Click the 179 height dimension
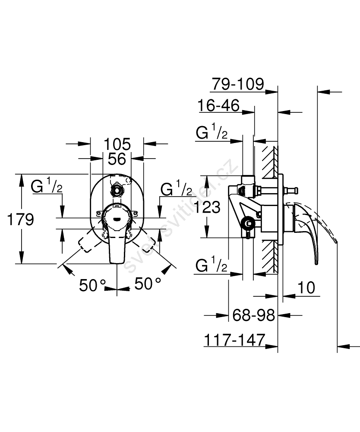21,219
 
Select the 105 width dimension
117,143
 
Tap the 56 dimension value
117,159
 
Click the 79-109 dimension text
237,84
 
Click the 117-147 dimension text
234,340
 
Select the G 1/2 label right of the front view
176,189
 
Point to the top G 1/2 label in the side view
212,133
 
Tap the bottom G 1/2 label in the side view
212,266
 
